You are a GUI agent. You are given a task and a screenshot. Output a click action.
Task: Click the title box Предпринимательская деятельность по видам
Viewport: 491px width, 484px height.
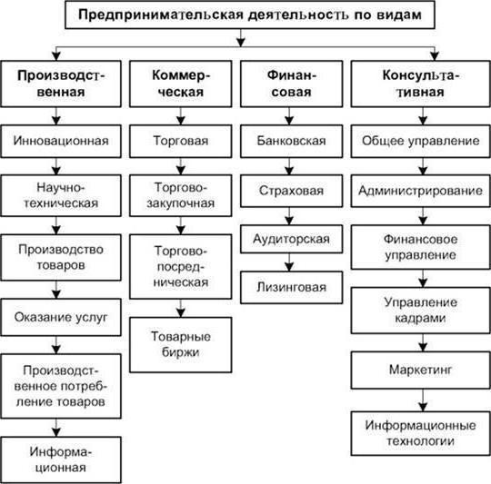(x=243, y=16)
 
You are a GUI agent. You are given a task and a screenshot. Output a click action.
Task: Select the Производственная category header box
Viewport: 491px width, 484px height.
(x=61, y=84)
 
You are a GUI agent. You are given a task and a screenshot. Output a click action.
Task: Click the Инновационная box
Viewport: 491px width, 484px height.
(x=61, y=142)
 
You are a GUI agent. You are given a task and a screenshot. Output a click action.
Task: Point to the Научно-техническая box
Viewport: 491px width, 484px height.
(x=61, y=195)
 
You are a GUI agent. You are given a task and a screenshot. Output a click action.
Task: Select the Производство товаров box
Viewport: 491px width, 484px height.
(x=61, y=256)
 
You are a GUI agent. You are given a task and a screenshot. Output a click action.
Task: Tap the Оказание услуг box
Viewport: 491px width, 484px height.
(x=61, y=317)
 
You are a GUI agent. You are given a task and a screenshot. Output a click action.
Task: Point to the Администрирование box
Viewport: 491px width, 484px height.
(x=419, y=192)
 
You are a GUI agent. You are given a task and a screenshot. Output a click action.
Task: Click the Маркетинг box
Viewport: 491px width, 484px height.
(x=419, y=371)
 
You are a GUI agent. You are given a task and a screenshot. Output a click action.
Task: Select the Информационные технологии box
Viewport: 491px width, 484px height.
(x=419, y=432)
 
